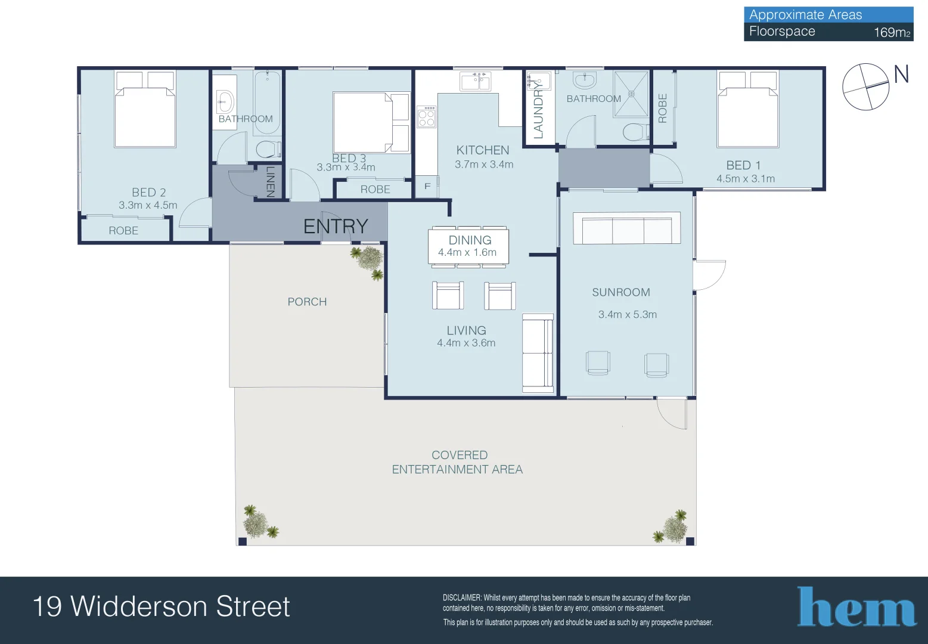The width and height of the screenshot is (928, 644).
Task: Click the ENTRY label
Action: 336,227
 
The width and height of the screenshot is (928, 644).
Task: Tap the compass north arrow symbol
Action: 866,87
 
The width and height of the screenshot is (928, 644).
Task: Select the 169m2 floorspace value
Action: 892,32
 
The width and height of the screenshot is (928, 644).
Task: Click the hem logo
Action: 856,607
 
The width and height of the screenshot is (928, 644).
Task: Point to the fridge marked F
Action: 427,187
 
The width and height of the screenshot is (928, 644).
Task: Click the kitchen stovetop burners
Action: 426,117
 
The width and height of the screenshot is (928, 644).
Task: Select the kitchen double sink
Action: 475,81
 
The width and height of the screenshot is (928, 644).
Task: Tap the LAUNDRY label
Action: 538,111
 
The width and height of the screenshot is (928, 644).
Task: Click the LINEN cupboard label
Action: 270,181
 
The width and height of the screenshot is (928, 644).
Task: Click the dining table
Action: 469,246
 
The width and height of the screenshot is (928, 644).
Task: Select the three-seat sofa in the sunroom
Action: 626,228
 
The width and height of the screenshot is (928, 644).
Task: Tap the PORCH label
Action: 307,302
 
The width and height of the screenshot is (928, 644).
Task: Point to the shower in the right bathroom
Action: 631,94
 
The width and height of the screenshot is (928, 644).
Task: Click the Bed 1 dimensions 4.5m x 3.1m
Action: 746,179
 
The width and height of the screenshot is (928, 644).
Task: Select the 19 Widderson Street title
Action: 162,606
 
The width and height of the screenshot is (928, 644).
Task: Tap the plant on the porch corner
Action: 368,261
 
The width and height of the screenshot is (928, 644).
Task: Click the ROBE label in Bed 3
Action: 375,190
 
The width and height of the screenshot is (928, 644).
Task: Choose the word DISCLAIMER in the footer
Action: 461,597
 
